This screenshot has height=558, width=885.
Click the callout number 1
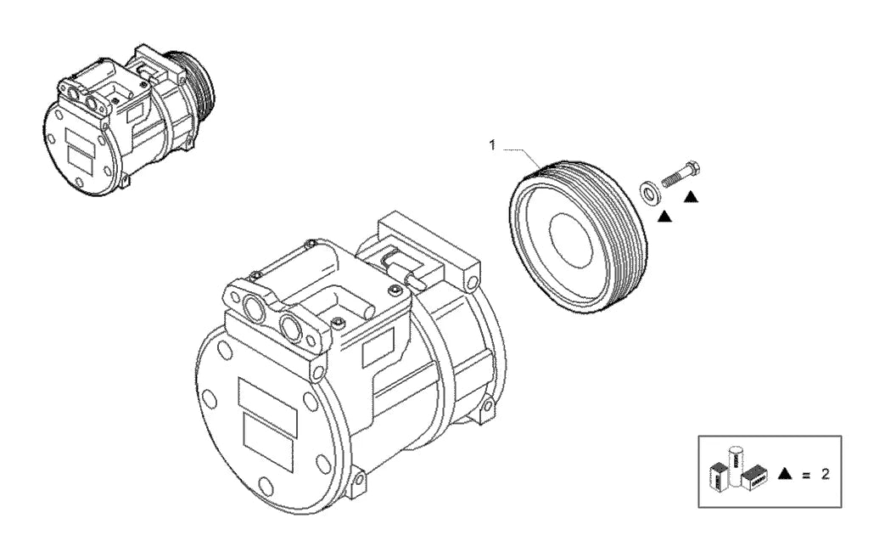point(491,145)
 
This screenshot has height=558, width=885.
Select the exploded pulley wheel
point(577,236)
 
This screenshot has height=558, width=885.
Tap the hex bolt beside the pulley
point(681,173)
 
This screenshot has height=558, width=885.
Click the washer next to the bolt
point(648,191)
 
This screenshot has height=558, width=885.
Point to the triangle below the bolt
point(691,196)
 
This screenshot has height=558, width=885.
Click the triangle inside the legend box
point(785,474)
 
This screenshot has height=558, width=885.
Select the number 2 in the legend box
point(825,475)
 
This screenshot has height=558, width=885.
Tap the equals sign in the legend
point(806,475)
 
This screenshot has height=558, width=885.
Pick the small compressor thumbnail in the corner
point(127,119)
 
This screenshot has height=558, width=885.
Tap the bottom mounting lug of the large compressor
point(358,481)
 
